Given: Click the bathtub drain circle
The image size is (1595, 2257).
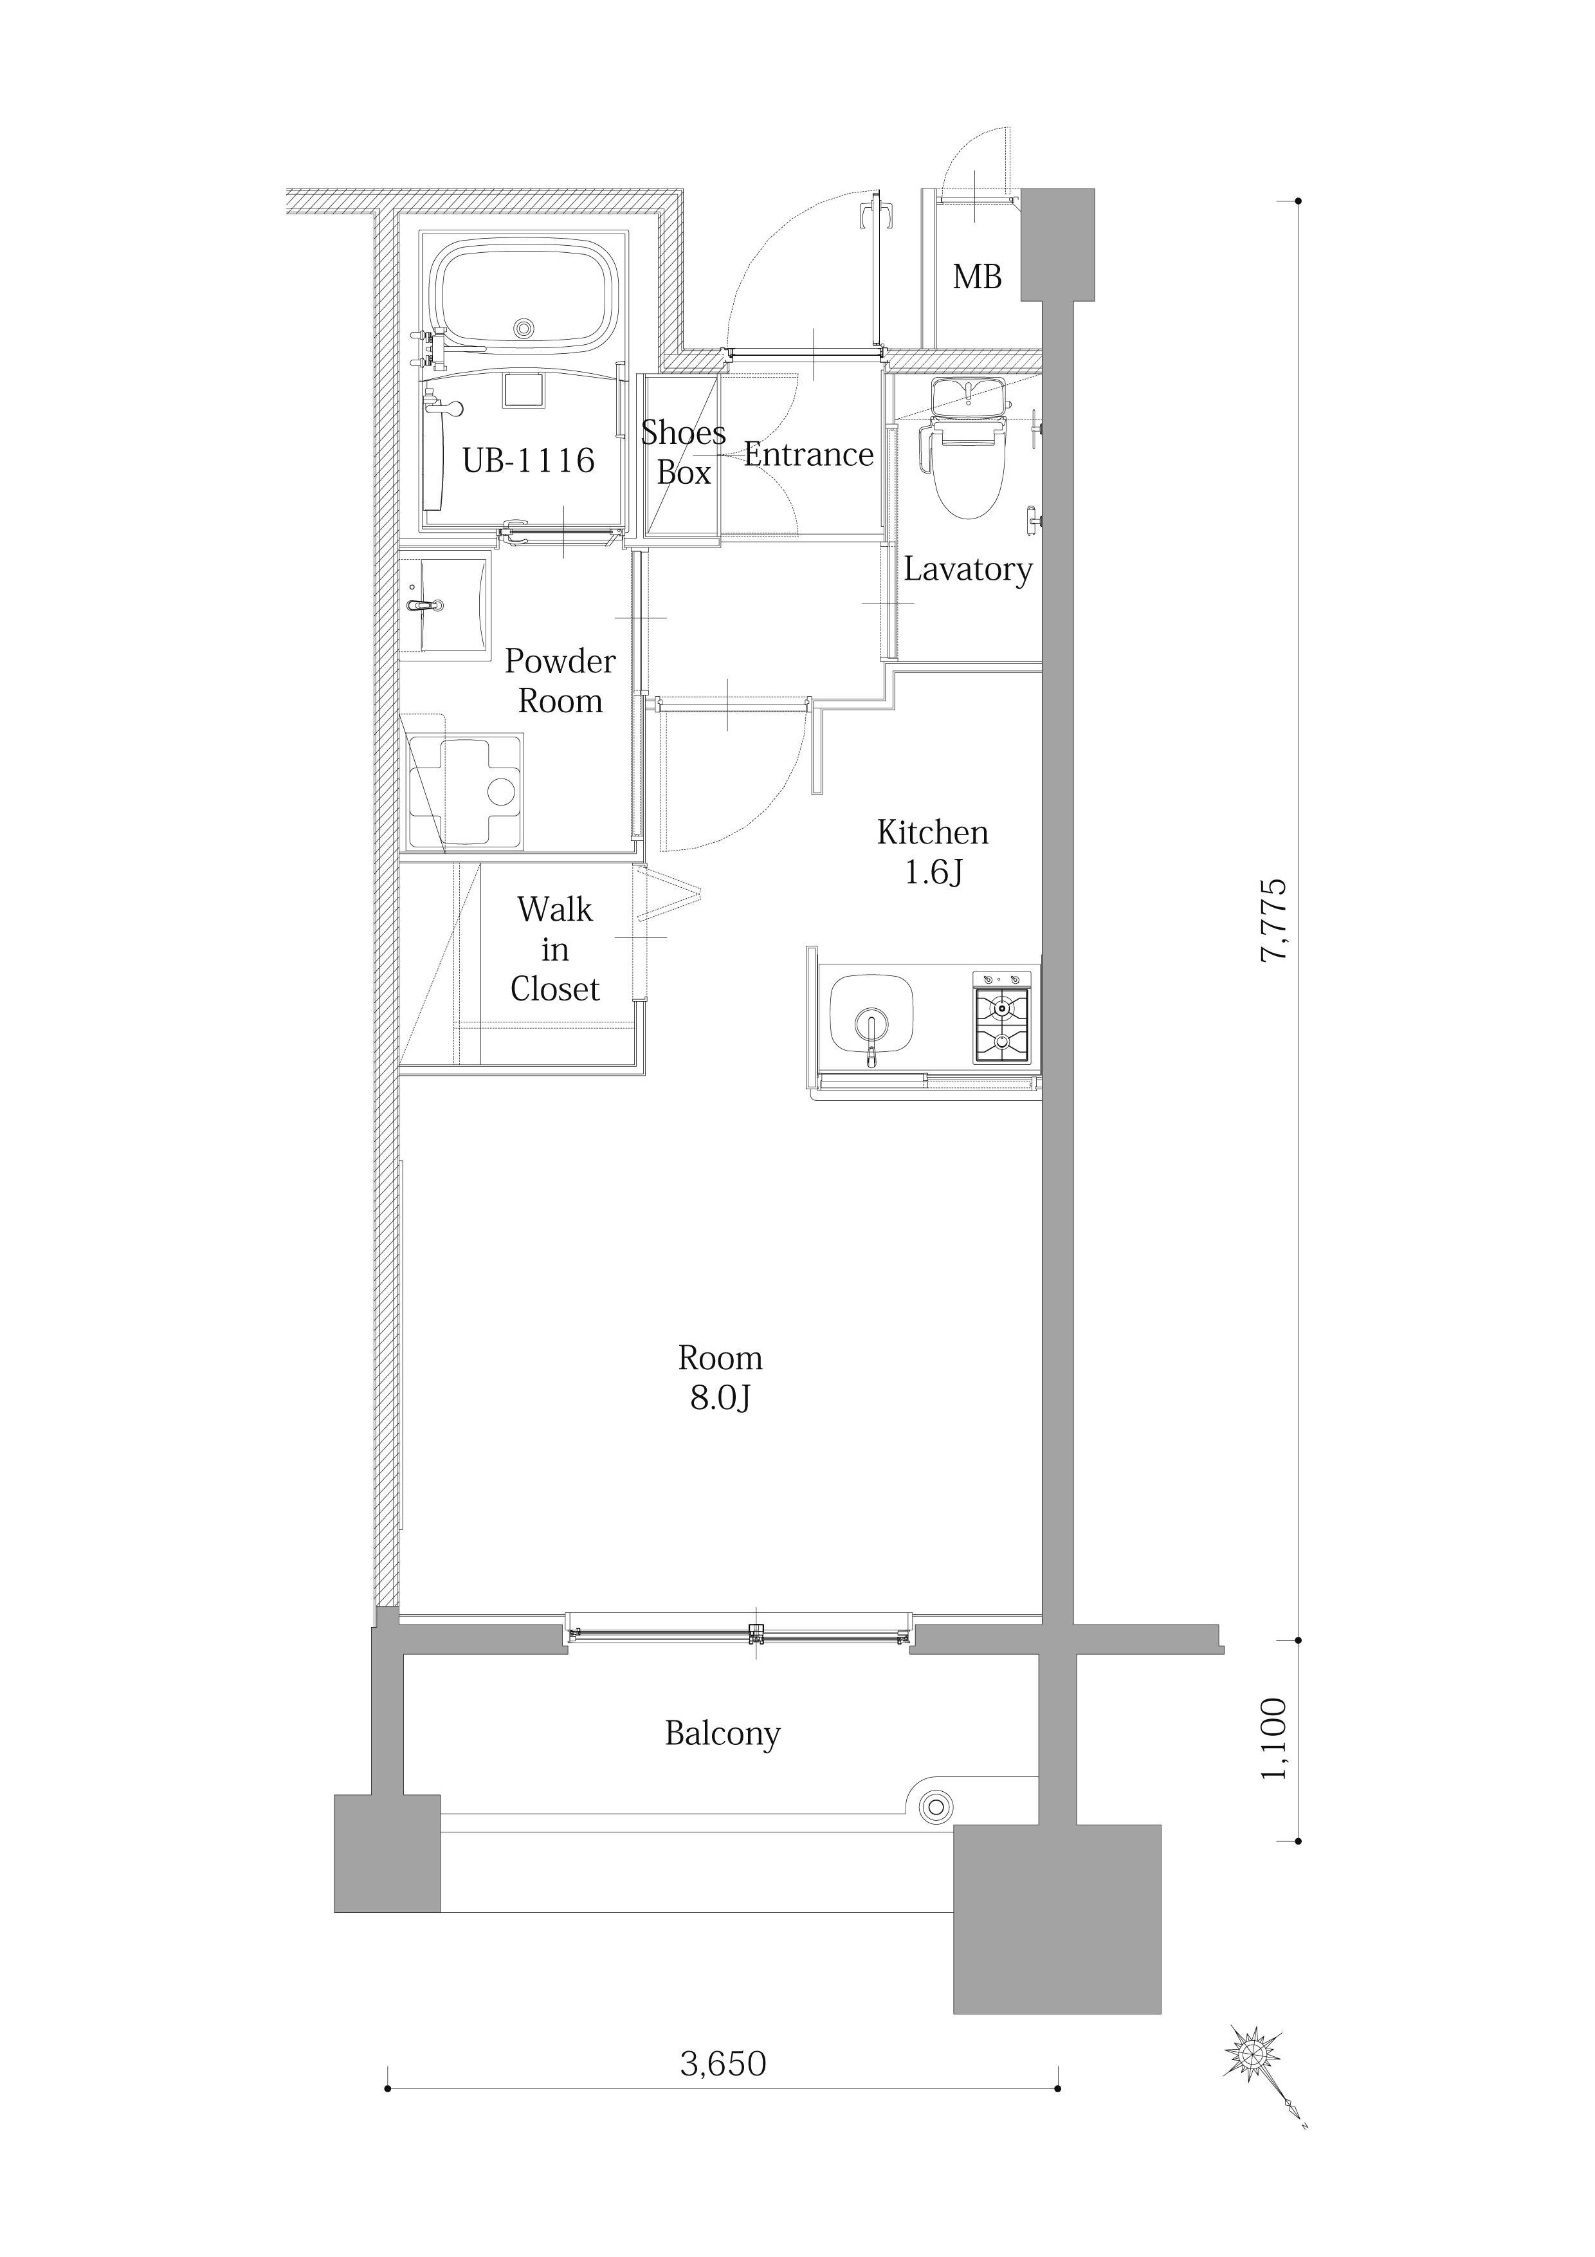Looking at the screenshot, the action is [524, 328].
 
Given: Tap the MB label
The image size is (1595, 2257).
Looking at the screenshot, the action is [977, 277].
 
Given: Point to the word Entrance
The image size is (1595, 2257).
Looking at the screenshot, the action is [809, 454].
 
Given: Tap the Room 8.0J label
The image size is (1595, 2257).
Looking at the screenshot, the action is [720, 1377].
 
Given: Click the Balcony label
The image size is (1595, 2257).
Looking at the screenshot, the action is [722, 1733].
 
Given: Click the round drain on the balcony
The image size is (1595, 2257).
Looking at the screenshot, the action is [936, 1806].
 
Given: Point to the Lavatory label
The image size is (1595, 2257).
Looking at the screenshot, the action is [968, 570].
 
